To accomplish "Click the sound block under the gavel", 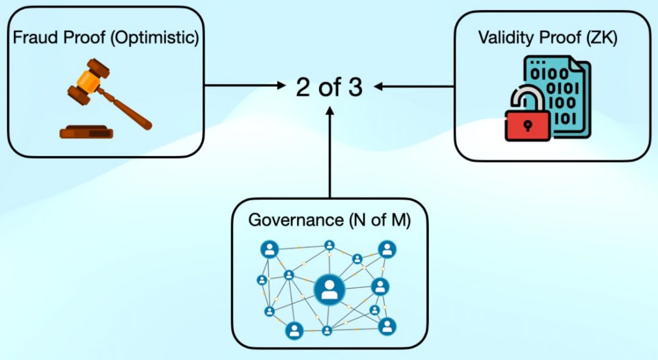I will click(86, 132).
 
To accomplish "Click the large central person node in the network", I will click(329, 289).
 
